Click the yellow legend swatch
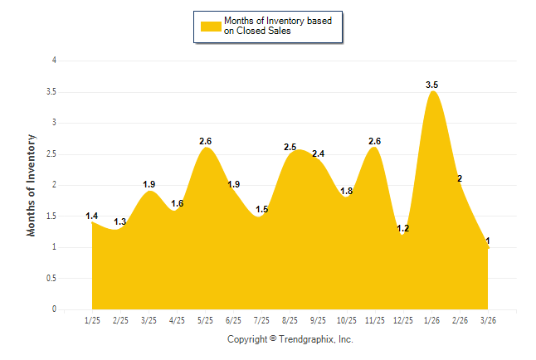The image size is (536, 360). tap(211, 26)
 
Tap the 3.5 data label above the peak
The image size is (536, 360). tap(431, 85)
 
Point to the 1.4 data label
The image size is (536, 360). tap(92, 216)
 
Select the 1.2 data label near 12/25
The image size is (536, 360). tap(403, 228)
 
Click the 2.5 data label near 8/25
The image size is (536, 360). tap(290, 147)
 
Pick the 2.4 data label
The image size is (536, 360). tap(318, 153)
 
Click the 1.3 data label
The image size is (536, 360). tap(120, 222)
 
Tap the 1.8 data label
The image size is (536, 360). tap(346, 191)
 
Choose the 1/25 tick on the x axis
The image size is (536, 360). tap(92, 320)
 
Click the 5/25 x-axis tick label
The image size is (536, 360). tap(205, 320)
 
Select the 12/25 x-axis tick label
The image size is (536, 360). tap(403, 320)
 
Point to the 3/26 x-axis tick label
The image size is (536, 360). tap(488, 320)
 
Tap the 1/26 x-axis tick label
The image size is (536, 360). tap(431, 320)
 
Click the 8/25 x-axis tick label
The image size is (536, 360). tap(290, 320)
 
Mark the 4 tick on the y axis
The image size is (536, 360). tap(54, 61)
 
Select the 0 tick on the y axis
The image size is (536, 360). tap(54, 309)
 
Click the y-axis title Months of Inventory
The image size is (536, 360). tap(32, 185)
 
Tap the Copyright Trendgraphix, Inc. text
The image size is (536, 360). tap(290, 339)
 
